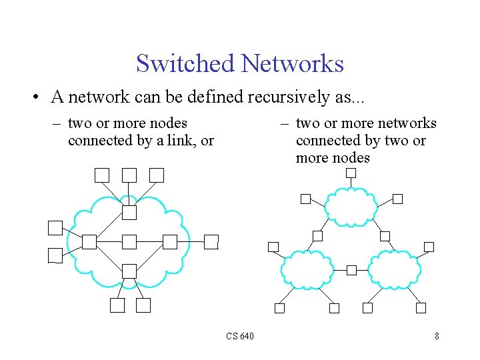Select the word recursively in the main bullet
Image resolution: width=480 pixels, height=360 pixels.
(x=289, y=97)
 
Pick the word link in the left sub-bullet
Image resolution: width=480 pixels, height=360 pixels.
(x=181, y=141)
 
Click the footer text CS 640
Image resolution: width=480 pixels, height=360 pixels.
(x=240, y=336)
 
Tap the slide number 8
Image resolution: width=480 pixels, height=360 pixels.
(x=437, y=336)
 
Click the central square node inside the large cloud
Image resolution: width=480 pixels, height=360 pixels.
(x=129, y=241)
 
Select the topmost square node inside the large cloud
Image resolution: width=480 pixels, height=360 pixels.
(x=129, y=213)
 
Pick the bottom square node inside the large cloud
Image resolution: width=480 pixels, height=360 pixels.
(x=129, y=271)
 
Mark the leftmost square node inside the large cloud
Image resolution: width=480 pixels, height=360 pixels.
(x=89, y=241)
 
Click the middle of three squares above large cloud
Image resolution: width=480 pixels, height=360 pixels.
(x=129, y=175)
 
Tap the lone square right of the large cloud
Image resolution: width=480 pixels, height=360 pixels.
(x=211, y=241)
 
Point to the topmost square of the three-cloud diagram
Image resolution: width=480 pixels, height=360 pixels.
(x=351, y=173)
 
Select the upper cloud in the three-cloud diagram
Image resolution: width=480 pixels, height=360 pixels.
(x=351, y=207)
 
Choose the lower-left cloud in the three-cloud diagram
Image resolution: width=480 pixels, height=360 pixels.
(x=307, y=269)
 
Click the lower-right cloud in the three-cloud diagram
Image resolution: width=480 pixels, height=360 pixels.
(x=395, y=269)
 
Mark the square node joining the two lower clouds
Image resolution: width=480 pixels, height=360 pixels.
(x=351, y=270)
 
